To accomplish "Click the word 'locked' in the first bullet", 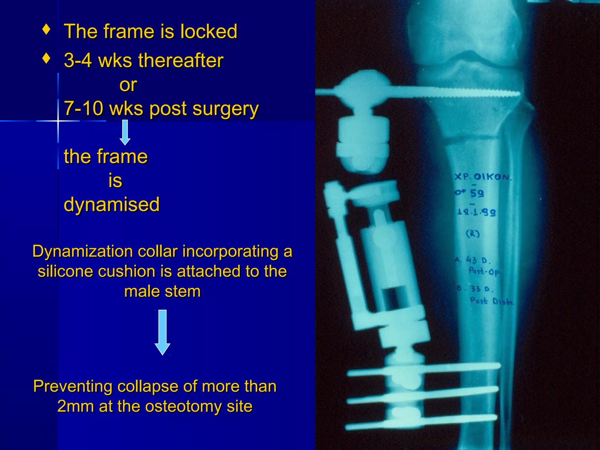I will coord(209,31).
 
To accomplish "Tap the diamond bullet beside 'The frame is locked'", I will coord(46,29).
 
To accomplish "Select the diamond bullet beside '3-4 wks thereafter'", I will coord(46,58).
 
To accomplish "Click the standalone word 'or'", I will coord(128,85).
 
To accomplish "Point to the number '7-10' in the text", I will coord(83,108).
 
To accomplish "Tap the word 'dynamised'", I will coord(112,204).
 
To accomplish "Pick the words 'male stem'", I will coord(162,292).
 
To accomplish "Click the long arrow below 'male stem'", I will coord(162,332).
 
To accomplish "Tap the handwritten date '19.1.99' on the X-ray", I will coord(476,212).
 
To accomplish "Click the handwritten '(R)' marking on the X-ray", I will coord(473,233).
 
